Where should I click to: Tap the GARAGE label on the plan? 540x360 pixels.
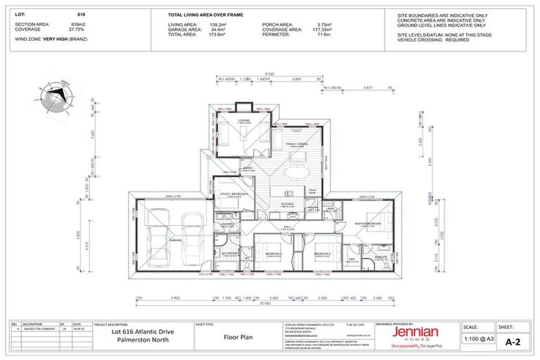pyautogui.click(x=174, y=240)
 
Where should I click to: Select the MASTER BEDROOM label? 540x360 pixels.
pyautogui.click(x=367, y=224)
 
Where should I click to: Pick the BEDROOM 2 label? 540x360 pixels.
pyautogui.click(x=322, y=253)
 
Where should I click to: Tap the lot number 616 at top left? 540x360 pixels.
pyautogui.click(x=81, y=14)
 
